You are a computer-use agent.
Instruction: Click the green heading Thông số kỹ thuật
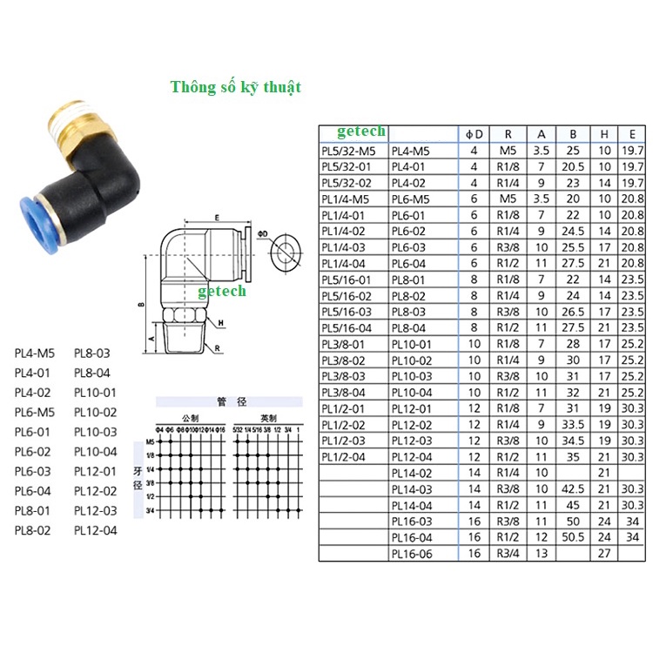coord(236,87)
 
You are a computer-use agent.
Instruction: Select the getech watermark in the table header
coord(361,131)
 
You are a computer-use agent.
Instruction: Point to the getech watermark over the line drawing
coord(221,291)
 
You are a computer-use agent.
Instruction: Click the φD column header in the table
coord(474,134)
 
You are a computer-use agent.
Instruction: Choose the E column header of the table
coord(631,134)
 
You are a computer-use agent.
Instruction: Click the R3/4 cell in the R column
coord(507,553)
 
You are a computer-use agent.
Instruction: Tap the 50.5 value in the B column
coord(573,537)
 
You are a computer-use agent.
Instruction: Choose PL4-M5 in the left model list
coord(34,353)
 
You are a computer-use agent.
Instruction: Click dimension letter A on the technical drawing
coord(151,339)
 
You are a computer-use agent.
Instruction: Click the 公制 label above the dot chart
coord(189,416)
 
